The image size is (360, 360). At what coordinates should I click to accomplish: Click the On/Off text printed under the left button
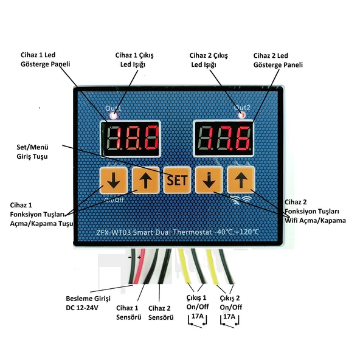pos(114,199)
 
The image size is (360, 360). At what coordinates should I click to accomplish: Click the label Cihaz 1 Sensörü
pos(129,312)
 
